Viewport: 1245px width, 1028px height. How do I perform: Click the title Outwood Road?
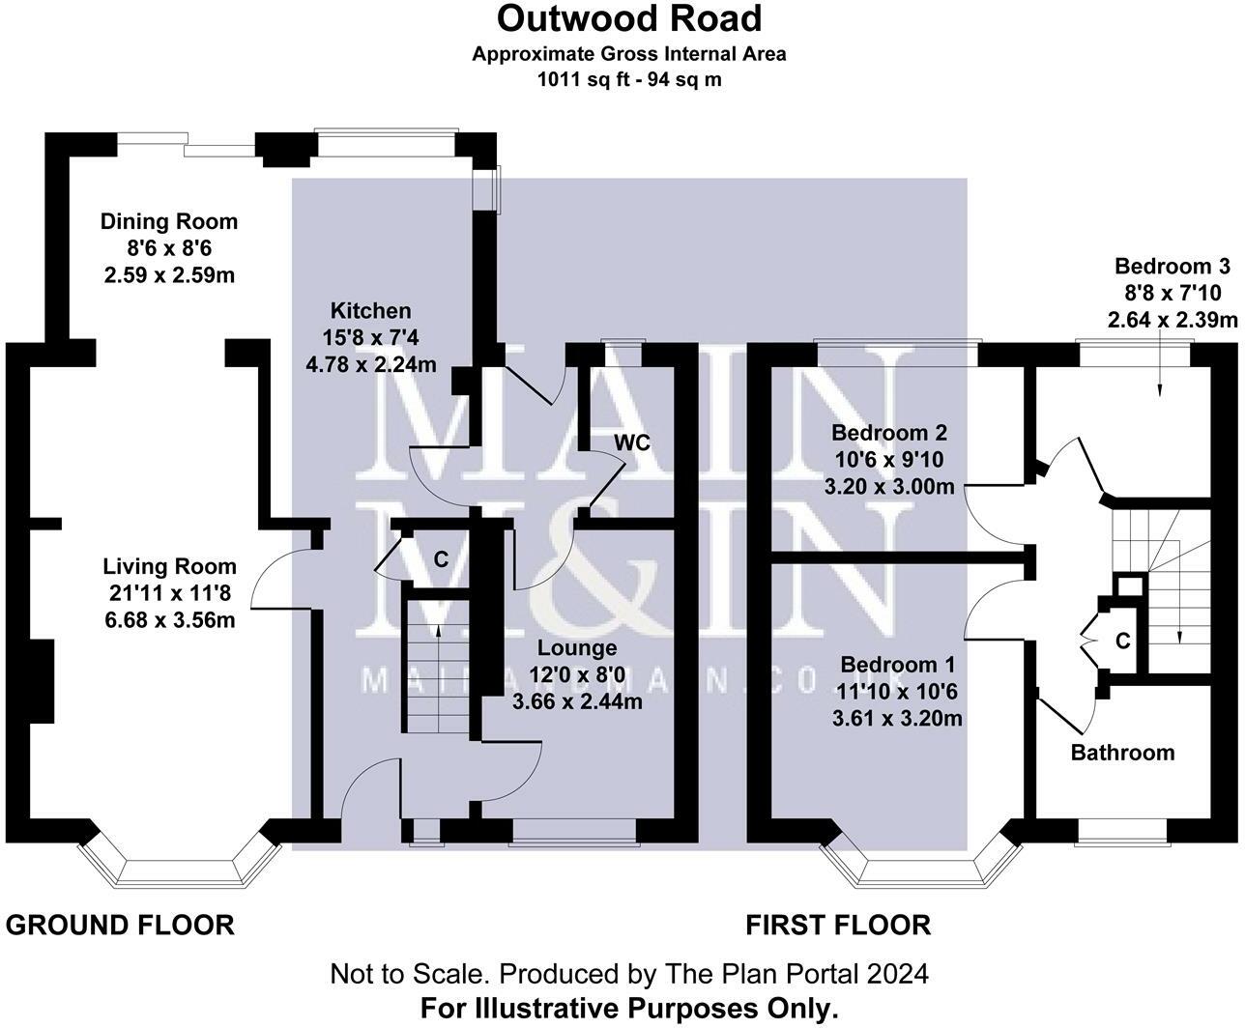point(629,18)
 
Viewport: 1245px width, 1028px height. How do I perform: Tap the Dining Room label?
point(169,221)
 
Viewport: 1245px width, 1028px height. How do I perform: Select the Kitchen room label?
point(371,311)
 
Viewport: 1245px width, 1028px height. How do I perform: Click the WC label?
point(632,443)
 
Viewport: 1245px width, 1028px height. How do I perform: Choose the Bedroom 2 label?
point(889,432)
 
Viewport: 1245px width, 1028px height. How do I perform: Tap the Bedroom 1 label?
point(898,665)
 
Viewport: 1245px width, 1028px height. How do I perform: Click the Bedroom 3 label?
point(1173,267)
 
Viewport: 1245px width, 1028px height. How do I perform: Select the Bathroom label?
point(1123,752)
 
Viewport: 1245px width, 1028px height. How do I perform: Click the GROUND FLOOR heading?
point(120,925)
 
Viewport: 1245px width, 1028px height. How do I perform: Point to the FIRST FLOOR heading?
point(838,925)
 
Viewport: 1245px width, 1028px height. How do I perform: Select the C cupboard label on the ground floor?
point(441,558)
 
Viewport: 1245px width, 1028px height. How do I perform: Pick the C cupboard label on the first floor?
point(1123,641)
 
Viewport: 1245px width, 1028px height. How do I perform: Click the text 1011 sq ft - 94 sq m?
point(629,80)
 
